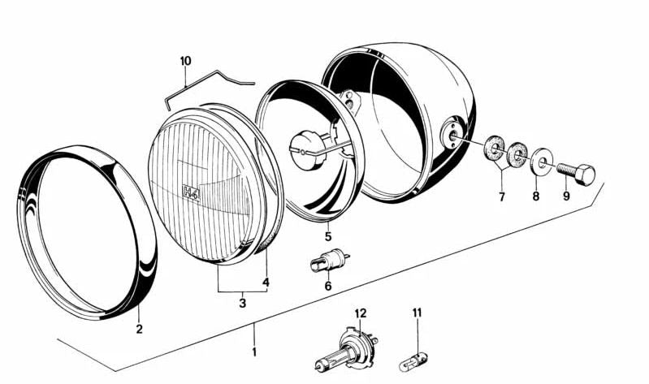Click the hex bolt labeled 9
pos(576,174)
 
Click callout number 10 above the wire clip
pos(186,61)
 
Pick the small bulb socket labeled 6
pos(330,260)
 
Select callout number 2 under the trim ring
pos(140,330)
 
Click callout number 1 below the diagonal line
pos(254,352)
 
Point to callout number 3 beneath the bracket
pos(243,303)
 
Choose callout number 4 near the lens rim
pos(266,283)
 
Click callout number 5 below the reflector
pos(328,237)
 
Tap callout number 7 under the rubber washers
pos(502,197)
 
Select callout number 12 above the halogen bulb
pos(361,313)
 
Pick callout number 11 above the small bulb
pos(417,313)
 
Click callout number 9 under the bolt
pos(566,196)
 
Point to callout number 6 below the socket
pos(328,286)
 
